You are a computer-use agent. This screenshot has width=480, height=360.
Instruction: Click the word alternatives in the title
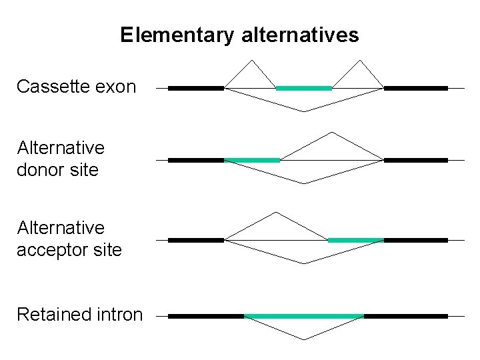pyautogui.click(x=297, y=35)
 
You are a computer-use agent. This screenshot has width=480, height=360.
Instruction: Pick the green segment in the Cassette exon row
pyautogui.click(x=304, y=87)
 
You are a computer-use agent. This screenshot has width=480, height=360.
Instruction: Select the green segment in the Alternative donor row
pyautogui.click(x=252, y=160)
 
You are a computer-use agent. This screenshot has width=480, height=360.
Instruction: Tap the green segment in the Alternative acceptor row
pyautogui.click(x=356, y=240)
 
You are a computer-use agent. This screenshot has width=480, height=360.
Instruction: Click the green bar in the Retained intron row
pyautogui.click(x=304, y=316)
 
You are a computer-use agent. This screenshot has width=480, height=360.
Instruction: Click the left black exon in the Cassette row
pyautogui.click(x=196, y=87)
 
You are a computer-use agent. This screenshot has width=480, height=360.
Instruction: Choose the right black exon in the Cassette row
pyautogui.click(x=415, y=87)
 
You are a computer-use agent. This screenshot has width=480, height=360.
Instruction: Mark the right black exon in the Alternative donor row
pyautogui.click(x=415, y=160)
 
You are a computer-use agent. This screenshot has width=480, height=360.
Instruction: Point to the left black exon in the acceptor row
pyautogui.click(x=196, y=240)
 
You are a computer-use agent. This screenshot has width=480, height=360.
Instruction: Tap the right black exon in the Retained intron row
pyautogui.click(x=405, y=316)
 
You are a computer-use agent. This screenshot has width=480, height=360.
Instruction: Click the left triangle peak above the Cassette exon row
pyautogui.click(x=251, y=61)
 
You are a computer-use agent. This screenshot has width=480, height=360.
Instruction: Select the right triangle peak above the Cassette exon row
pyautogui.click(x=359, y=61)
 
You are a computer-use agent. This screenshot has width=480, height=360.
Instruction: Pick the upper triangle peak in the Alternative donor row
pyautogui.click(x=332, y=133)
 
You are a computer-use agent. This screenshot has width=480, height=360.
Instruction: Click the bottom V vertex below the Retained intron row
pyautogui.click(x=304, y=339)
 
